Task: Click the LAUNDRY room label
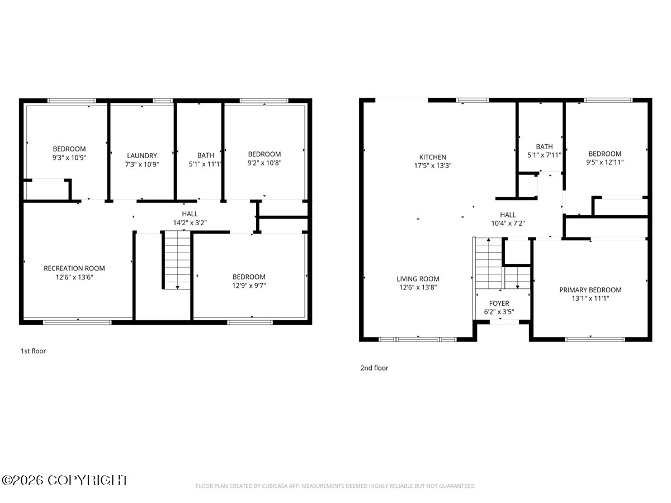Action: point(142,156)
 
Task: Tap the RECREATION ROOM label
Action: point(74,268)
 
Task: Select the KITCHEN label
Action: point(433,157)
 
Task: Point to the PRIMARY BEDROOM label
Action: point(590,290)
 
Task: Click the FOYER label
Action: point(499,303)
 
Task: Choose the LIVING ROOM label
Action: point(418,279)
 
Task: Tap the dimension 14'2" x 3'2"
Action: point(190,223)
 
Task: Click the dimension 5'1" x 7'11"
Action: point(544,155)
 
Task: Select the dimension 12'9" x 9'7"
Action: point(249,286)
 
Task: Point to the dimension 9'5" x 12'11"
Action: point(604,162)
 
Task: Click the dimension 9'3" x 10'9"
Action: point(69,158)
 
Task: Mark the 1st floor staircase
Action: point(177,260)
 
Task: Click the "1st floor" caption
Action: point(34,351)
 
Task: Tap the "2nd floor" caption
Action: point(374,368)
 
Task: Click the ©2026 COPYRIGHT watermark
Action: point(64,481)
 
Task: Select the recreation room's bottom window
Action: point(77,322)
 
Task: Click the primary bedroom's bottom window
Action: point(595,339)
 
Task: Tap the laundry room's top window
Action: point(163,101)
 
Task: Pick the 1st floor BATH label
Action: point(205,155)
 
